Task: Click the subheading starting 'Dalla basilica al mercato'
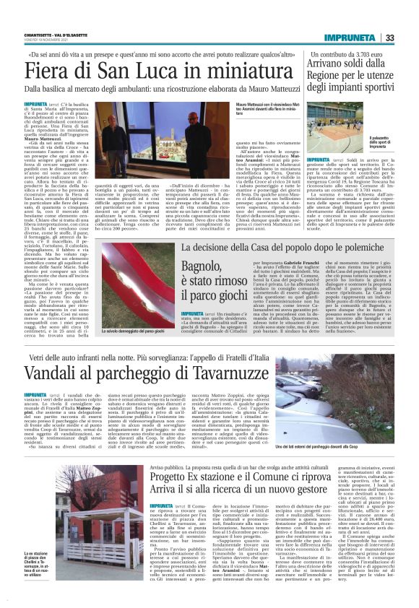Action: [144, 90]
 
